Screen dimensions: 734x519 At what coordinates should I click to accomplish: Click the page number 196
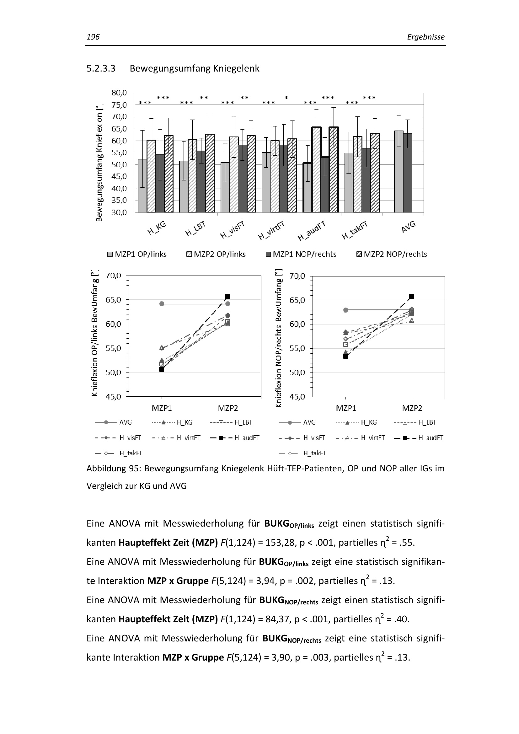pos(93,37)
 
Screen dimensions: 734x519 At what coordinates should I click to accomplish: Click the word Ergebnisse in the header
pos(425,37)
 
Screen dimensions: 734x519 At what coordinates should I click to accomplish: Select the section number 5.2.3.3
pos(101,68)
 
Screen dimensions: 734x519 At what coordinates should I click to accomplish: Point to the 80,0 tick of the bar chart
pos(119,93)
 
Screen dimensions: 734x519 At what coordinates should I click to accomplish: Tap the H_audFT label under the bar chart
pos(312,231)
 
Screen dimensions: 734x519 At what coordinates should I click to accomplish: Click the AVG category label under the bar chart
pos(409,227)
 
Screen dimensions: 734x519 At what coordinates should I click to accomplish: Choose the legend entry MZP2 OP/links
pos(216,254)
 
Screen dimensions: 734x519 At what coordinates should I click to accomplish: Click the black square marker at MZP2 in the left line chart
pos(228,297)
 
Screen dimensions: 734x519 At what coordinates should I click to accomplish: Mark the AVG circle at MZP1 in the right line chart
pos(345,310)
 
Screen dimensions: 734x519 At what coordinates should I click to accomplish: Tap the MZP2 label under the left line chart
pos(228,408)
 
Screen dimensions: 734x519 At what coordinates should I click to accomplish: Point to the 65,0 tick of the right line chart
pos(297,301)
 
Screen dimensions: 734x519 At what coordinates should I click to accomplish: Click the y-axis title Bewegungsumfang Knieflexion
pos(99,163)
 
